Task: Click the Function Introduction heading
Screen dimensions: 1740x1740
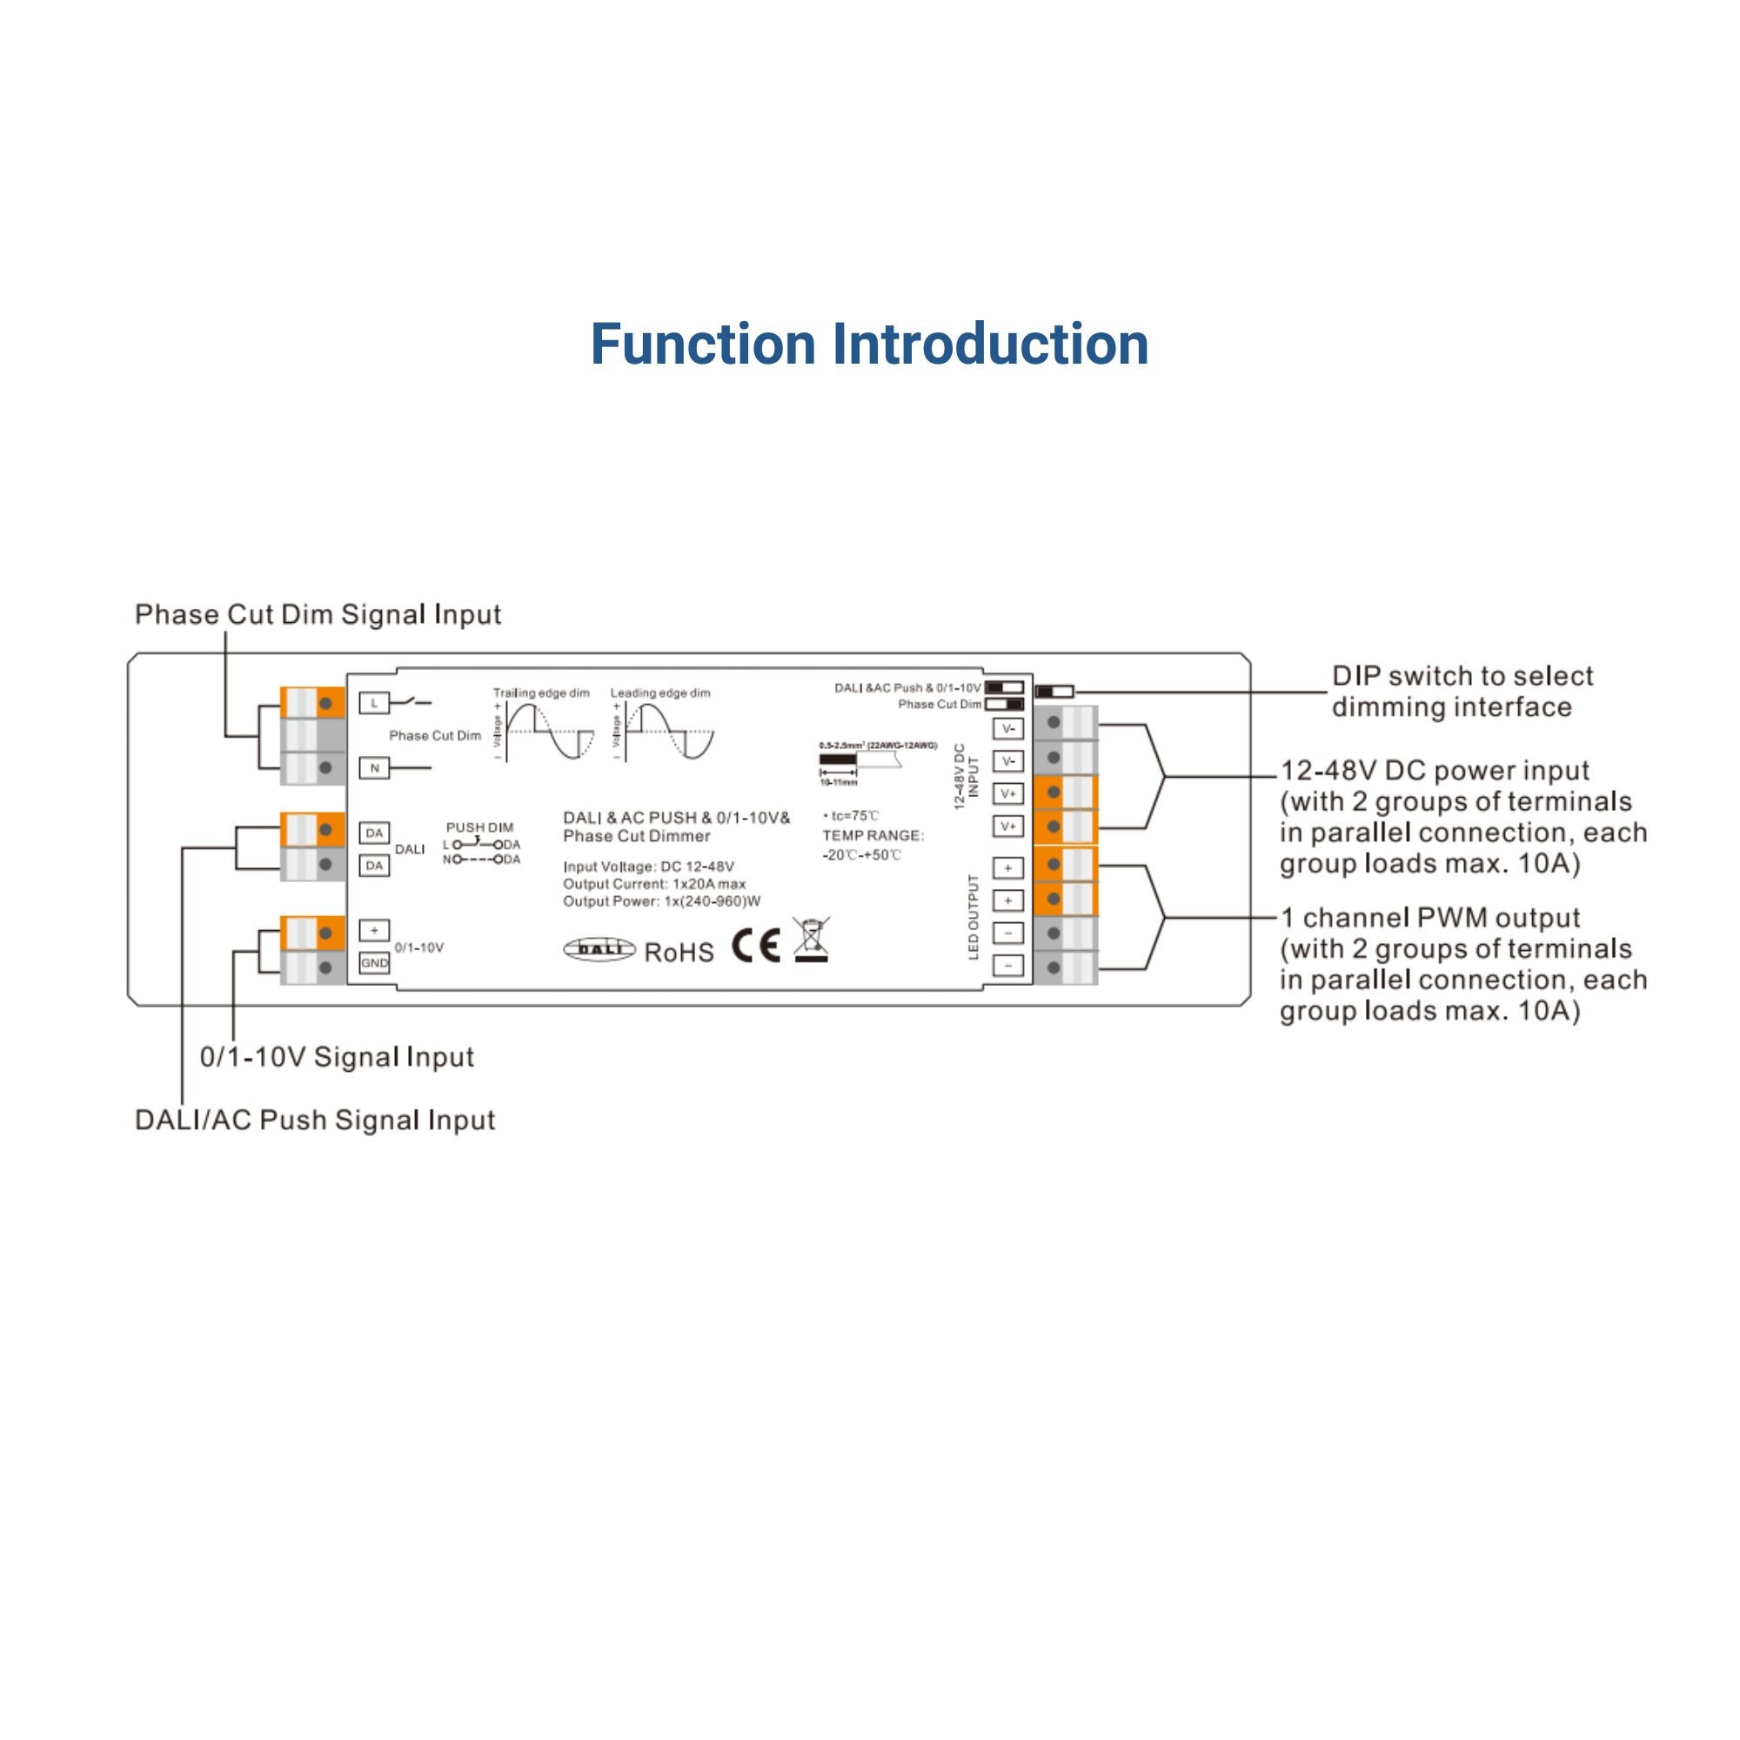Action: pos(869,344)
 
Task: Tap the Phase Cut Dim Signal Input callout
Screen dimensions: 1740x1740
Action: pos(318,614)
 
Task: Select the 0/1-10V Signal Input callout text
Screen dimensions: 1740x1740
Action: pos(337,1056)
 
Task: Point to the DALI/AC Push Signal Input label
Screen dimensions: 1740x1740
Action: pos(315,1120)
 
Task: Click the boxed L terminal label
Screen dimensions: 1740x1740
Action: pos(374,702)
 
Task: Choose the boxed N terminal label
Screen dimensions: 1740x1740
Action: pos(374,768)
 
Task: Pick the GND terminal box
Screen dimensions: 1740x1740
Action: pos(375,963)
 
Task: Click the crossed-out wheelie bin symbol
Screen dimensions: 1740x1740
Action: pos(812,940)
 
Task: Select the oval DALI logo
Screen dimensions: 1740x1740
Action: pos(599,949)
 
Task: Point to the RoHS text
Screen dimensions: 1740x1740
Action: pos(679,952)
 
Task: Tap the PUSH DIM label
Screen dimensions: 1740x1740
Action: pos(480,826)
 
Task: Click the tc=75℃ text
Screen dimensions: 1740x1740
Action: pos(851,815)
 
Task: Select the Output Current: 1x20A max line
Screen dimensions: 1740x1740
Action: pos(655,884)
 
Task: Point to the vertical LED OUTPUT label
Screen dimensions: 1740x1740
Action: pos(974,916)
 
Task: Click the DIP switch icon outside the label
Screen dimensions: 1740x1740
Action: pos(1054,692)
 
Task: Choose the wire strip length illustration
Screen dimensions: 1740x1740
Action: pos(859,762)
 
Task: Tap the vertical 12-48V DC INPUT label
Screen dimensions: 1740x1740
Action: pos(965,775)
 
